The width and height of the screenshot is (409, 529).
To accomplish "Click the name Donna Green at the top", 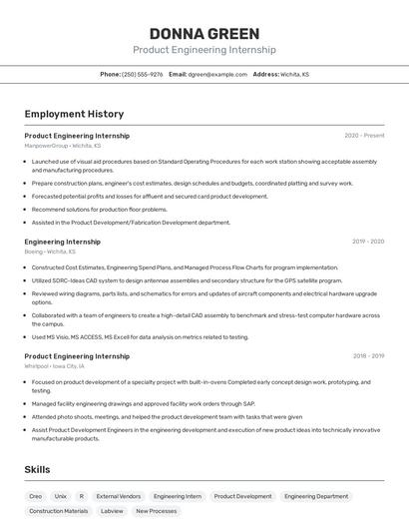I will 204,34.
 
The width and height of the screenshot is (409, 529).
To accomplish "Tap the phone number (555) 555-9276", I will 143,74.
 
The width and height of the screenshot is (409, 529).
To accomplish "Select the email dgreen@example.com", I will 217,74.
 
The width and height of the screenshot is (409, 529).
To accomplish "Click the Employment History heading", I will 74,114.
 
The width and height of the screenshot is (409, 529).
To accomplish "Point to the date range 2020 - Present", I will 364,136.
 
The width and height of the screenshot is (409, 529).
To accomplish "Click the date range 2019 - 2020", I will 368,242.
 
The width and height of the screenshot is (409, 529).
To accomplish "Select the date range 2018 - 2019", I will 368,356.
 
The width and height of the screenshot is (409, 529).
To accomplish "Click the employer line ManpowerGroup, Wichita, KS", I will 62,146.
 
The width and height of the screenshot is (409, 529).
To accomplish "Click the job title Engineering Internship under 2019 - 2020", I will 62,242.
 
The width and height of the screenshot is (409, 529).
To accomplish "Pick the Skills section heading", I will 38,469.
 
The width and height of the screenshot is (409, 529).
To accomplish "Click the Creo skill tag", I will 36,496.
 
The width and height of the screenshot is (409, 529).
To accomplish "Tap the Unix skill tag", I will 61,496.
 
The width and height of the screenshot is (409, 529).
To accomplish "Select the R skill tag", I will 82,496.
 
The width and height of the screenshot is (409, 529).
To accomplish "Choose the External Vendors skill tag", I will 119,496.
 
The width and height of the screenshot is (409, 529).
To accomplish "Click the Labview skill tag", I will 112,511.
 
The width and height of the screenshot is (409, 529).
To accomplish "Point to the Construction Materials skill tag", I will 59,511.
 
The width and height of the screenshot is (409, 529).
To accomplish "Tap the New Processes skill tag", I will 157,511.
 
